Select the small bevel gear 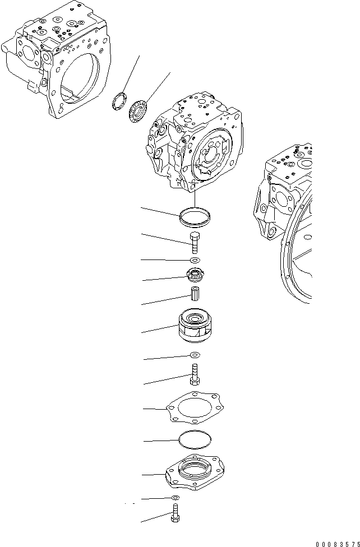[x=194, y=275]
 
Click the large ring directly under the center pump [x=195, y=216]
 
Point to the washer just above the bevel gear [x=195, y=260]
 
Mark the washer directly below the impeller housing [x=195, y=355]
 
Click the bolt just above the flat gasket [x=195, y=374]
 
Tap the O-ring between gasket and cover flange [x=195, y=441]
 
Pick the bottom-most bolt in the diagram [x=175, y=515]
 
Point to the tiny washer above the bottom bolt [x=176, y=498]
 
